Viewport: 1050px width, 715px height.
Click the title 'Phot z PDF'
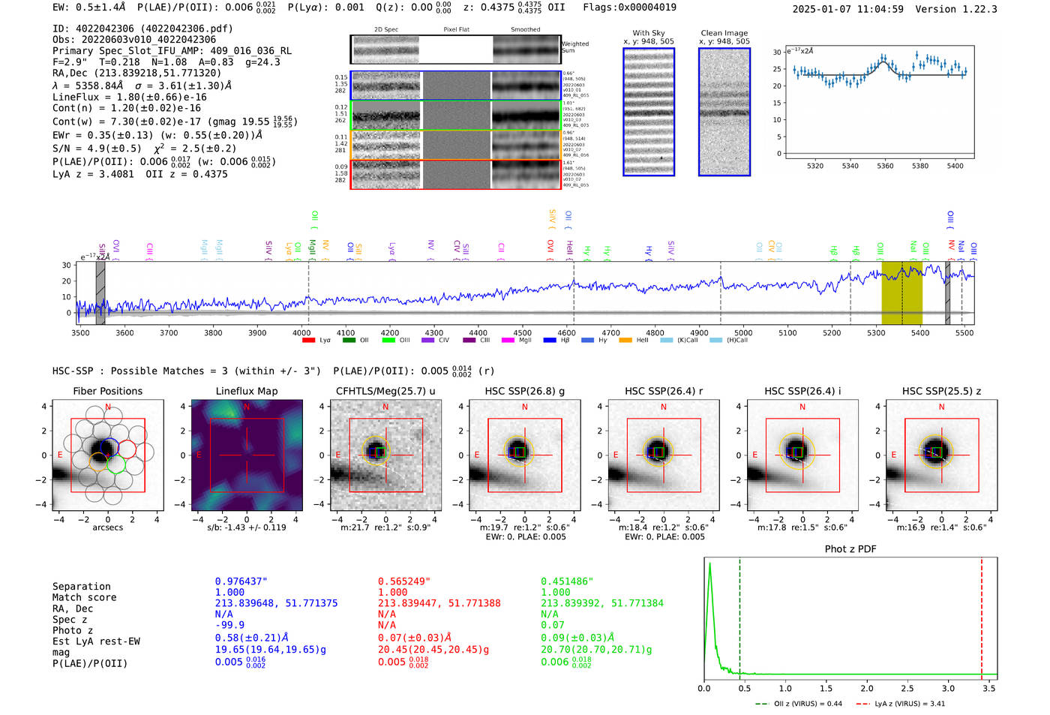(850, 549)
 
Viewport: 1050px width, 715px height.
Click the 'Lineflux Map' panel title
(246, 391)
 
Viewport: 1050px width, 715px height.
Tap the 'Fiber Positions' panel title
(107, 391)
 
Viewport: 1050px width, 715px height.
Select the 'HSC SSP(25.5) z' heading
(941, 391)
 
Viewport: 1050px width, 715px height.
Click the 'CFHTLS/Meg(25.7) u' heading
(385, 391)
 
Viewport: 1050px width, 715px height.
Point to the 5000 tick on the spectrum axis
(743, 332)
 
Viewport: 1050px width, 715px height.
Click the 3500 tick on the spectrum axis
(80, 332)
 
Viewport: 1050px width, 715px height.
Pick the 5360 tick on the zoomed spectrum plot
(885, 166)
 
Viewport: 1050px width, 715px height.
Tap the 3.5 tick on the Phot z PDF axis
(989, 688)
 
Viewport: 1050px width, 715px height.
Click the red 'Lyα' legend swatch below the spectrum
(308, 341)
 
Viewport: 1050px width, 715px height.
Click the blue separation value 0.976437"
(241, 581)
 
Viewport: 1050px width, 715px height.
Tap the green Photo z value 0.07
(552, 625)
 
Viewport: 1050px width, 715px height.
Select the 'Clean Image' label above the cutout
(724, 33)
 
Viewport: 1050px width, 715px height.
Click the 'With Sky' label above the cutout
(648, 33)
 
